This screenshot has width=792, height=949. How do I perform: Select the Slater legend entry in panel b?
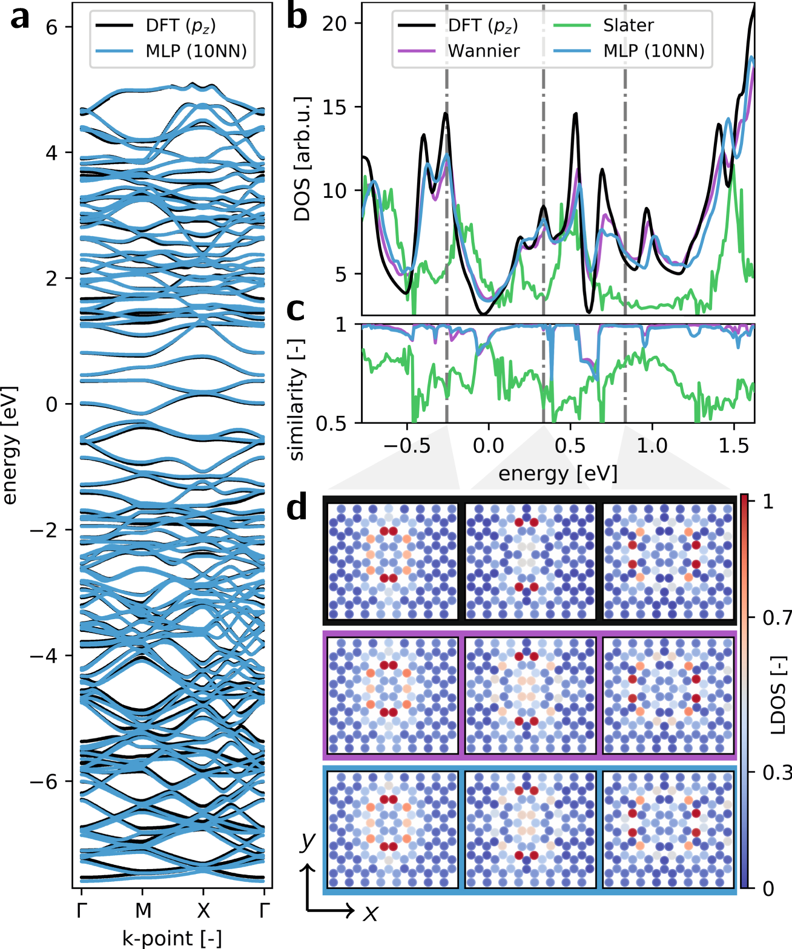[628, 25]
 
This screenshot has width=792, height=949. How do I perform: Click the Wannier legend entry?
[483, 51]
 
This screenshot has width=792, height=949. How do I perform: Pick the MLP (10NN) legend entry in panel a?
[196, 51]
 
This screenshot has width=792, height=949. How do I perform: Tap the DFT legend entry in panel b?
[483, 25]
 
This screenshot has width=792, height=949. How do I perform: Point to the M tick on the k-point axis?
[143, 910]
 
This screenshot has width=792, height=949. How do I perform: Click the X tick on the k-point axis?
[203, 910]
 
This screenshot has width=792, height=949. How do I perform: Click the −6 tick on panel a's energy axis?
[44, 781]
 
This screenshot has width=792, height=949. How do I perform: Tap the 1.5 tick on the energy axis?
[733, 446]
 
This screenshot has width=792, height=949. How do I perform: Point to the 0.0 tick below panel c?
[488, 446]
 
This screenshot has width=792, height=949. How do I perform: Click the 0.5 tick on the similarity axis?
[331, 423]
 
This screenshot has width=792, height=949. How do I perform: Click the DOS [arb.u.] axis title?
[302, 159]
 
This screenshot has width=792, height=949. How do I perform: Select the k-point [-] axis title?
[172, 938]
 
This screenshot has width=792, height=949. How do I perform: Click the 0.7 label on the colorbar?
[777, 618]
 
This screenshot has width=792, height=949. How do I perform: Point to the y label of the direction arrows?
[308, 841]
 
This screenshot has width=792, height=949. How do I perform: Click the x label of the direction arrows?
[370, 912]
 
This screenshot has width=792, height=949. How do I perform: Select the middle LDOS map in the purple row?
[530, 695]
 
